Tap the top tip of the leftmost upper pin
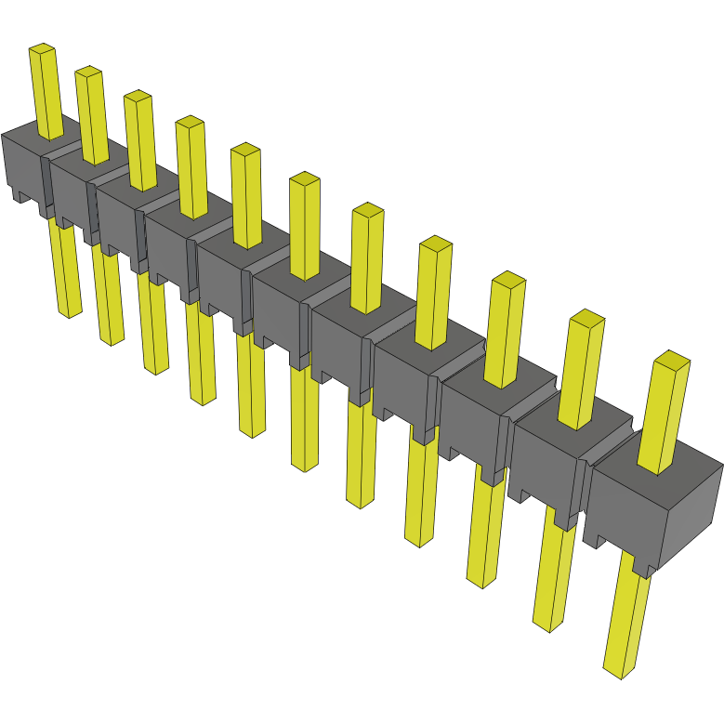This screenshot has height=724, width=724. point(42,48)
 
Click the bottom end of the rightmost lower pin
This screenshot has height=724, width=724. point(619,666)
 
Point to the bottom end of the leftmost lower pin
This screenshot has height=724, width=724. point(70,311)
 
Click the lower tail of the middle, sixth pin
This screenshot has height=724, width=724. point(305,418)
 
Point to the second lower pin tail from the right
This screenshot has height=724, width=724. point(554,576)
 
